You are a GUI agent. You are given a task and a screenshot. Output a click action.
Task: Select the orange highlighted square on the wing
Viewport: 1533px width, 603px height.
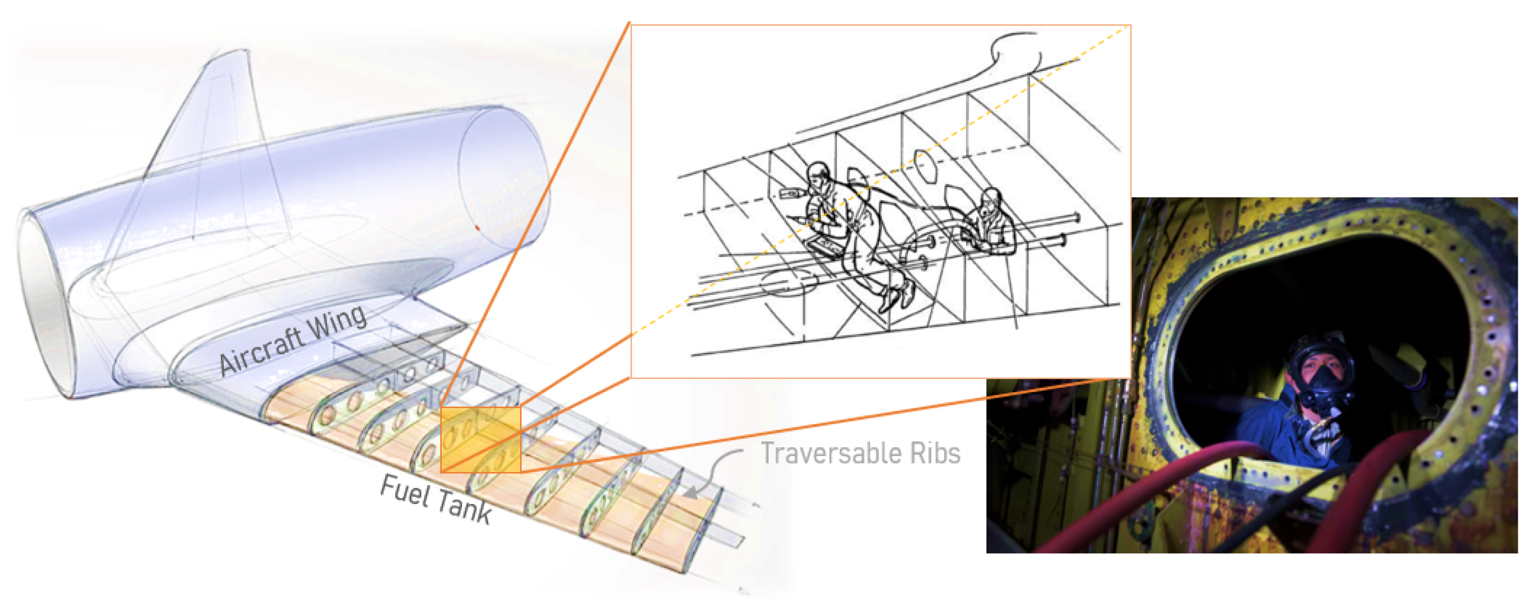pyautogui.click(x=481, y=440)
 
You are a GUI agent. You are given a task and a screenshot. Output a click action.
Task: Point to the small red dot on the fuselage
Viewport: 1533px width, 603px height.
pyautogui.click(x=477, y=227)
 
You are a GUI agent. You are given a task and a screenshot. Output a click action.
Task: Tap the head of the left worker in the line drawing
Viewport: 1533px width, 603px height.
pyautogui.click(x=819, y=177)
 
